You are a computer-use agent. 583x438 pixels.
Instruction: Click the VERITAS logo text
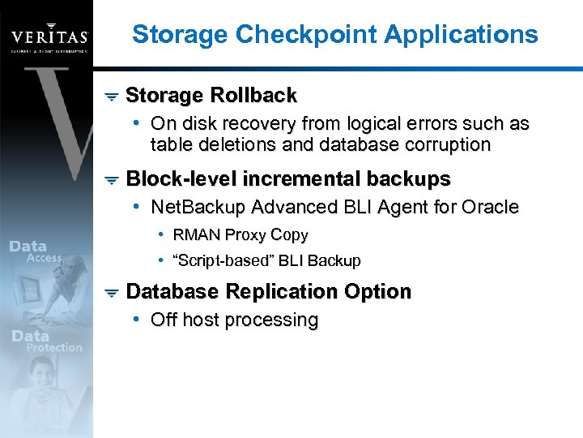click(x=48, y=37)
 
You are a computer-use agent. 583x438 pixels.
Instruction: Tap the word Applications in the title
click(x=461, y=34)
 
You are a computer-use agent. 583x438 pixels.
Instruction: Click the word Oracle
click(x=489, y=208)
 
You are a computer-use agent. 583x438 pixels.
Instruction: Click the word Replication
click(x=278, y=291)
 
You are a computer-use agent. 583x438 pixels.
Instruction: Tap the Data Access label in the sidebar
click(x=36, y=252)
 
